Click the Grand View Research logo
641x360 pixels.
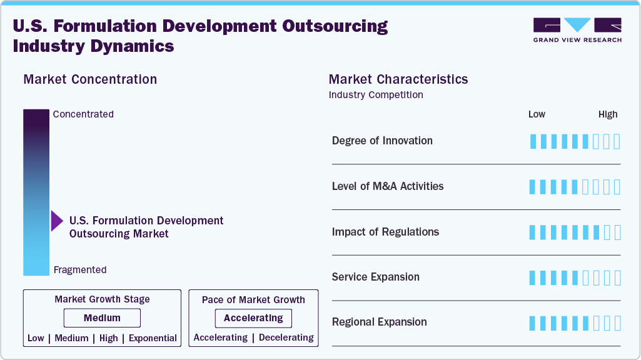point(577,30)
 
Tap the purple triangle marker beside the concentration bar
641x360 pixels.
point(57,221)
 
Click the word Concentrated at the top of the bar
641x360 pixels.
point(83,114)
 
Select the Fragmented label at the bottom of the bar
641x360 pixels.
point(80,270)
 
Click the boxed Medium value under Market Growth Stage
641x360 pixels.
point(102,318)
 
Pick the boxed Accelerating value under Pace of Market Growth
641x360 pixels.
point(253,318)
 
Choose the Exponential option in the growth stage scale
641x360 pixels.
point(153,338)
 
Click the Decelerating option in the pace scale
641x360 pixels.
point(286,337)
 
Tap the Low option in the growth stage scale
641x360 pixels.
point(36,338)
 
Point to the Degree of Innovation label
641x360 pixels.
point(382,141)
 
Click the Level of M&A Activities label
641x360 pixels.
point(388,186)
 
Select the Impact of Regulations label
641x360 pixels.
point(385,232)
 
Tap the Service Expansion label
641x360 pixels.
point(376,277)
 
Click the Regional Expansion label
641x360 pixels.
point(380,322)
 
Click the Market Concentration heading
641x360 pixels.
point(90,79)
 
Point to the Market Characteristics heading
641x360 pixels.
point(398,79)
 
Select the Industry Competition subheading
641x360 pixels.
point(376,95)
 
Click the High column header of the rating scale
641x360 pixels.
point(608,114)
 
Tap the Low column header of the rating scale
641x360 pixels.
point(537,114)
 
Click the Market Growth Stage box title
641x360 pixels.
point(102,299)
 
